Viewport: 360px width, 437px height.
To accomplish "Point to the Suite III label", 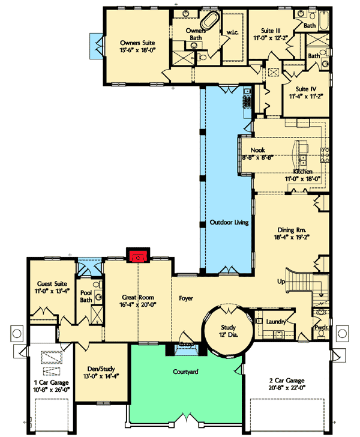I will pyautogui.click(x=271, y=30).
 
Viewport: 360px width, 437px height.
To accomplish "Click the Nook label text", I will pyautogui.click(x=258, y=150).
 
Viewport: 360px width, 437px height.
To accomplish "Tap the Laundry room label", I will pyautogui.click(x=276, y=322).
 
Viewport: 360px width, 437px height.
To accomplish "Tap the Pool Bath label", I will pyautogui.click(x=86, y=297).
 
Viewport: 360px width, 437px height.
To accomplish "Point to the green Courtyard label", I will pyautogui.click(x=187, y=372).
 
